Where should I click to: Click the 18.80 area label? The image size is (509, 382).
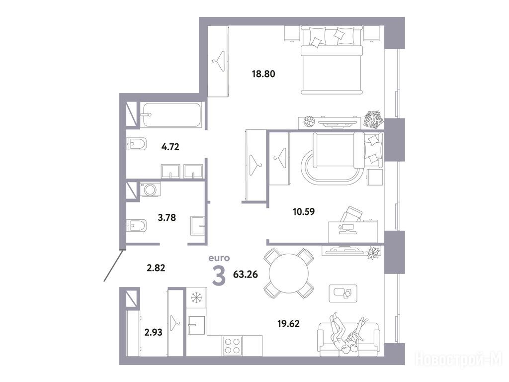pos(263,74)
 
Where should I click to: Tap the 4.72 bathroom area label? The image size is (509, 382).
pos(170,147)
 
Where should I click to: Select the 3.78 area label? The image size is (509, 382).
pos(167,217)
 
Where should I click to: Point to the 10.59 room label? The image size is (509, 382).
pos(304,212)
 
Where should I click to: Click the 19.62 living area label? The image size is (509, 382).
pos(288,323)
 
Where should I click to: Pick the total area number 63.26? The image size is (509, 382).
pos(246,275)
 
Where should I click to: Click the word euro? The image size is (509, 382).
pos(219,258)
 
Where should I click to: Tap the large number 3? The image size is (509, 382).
pos(219,276)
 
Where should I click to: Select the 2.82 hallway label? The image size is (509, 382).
pos(156,268)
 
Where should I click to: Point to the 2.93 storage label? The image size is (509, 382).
pos(153,332)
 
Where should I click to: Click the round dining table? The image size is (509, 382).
pos(289,273)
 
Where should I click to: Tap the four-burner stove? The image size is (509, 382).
pos(232,346)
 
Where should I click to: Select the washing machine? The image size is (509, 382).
pos(150,189)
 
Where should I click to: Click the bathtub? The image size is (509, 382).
pos(172,115)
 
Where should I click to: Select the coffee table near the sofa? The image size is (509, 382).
pos(343,293)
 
